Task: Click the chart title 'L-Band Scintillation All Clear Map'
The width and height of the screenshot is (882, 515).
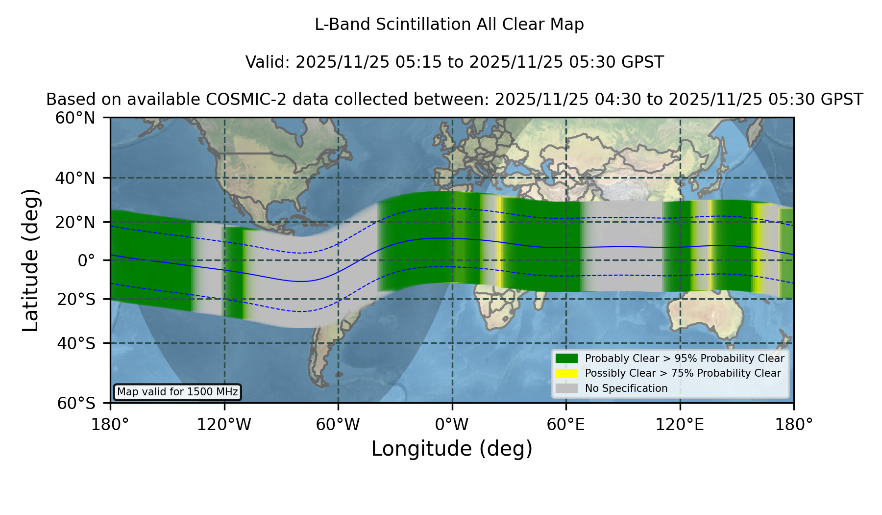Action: tap(449, 25)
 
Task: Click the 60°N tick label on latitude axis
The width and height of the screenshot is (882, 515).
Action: tap(75, 118)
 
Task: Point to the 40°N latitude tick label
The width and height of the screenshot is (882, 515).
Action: tap(75, 178)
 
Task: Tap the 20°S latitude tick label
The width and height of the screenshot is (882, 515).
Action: tap(76, 299)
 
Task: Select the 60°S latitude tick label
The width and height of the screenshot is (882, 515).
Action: tap(76, 404)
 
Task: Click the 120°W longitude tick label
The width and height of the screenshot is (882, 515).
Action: tap(224, 425)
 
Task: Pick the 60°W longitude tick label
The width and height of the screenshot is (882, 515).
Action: tap(338, 425)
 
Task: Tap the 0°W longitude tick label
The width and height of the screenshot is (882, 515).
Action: tap(452, 425)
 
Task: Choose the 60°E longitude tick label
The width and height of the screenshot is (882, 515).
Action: tap(566, 425)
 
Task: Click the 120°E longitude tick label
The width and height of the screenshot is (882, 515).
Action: tap(680, 425)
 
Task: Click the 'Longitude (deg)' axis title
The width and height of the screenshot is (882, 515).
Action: tap(452, 449)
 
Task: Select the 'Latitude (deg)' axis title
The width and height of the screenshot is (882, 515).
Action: tap(30, 260)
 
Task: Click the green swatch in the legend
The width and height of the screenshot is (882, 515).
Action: tap(566, 359)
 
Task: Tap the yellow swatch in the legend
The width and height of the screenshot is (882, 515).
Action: tap(566, 373)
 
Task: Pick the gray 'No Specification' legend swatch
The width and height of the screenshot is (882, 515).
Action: tap(566, 388)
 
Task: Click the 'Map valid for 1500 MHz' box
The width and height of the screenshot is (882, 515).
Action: tap(177, 392)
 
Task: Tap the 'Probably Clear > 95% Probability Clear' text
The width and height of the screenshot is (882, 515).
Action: tap(685, 359)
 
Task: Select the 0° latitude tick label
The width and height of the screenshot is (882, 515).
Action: tap(86, 260)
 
